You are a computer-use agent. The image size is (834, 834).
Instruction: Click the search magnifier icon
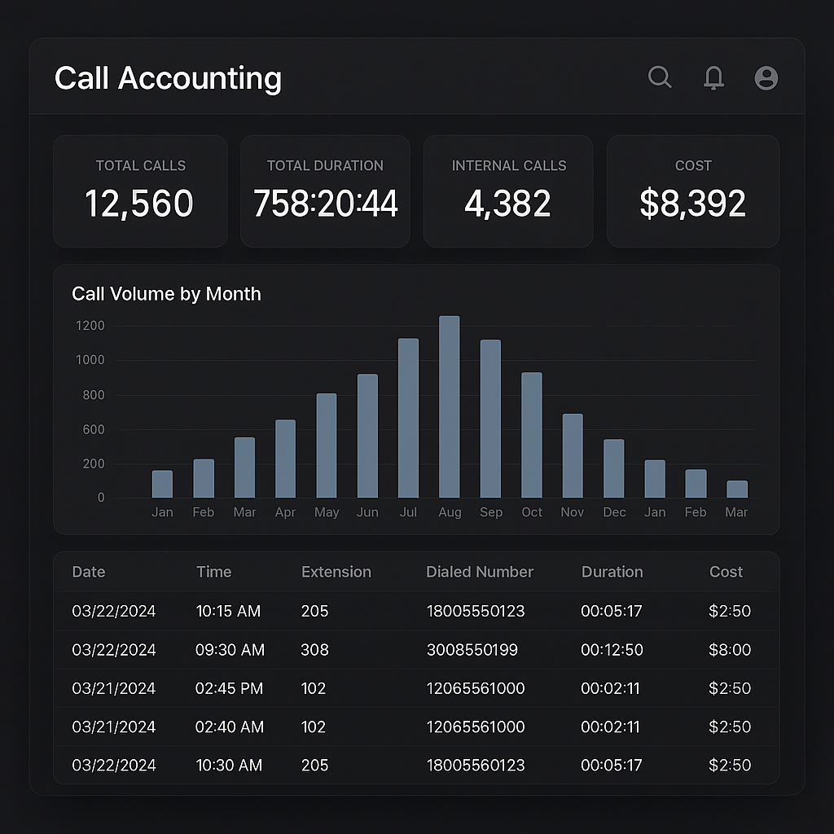659,77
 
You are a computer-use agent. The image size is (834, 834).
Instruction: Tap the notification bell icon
713,77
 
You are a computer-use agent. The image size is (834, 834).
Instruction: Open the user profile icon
766,78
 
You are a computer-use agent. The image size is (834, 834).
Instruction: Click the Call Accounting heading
168,78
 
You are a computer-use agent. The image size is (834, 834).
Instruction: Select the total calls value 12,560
139,204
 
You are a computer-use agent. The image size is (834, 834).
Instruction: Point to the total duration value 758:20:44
325,204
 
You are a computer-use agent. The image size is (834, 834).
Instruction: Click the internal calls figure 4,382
507,204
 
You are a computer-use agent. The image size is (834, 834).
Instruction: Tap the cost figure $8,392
692,204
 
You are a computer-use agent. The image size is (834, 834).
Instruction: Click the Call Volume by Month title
166,294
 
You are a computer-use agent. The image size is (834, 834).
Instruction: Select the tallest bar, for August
450,407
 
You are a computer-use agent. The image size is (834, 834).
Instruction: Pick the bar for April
285,459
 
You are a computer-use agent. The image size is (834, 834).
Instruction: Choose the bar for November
573,456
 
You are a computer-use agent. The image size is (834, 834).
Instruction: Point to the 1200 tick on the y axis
90,326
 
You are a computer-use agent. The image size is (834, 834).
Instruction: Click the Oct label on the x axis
532,512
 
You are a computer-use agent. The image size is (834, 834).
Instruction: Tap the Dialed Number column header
479,572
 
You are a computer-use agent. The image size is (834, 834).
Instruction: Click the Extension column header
336,572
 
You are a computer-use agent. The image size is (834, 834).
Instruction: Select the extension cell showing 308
314,650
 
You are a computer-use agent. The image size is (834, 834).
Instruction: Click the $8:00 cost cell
730,650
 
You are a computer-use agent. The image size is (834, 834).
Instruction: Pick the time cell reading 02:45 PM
229,688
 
